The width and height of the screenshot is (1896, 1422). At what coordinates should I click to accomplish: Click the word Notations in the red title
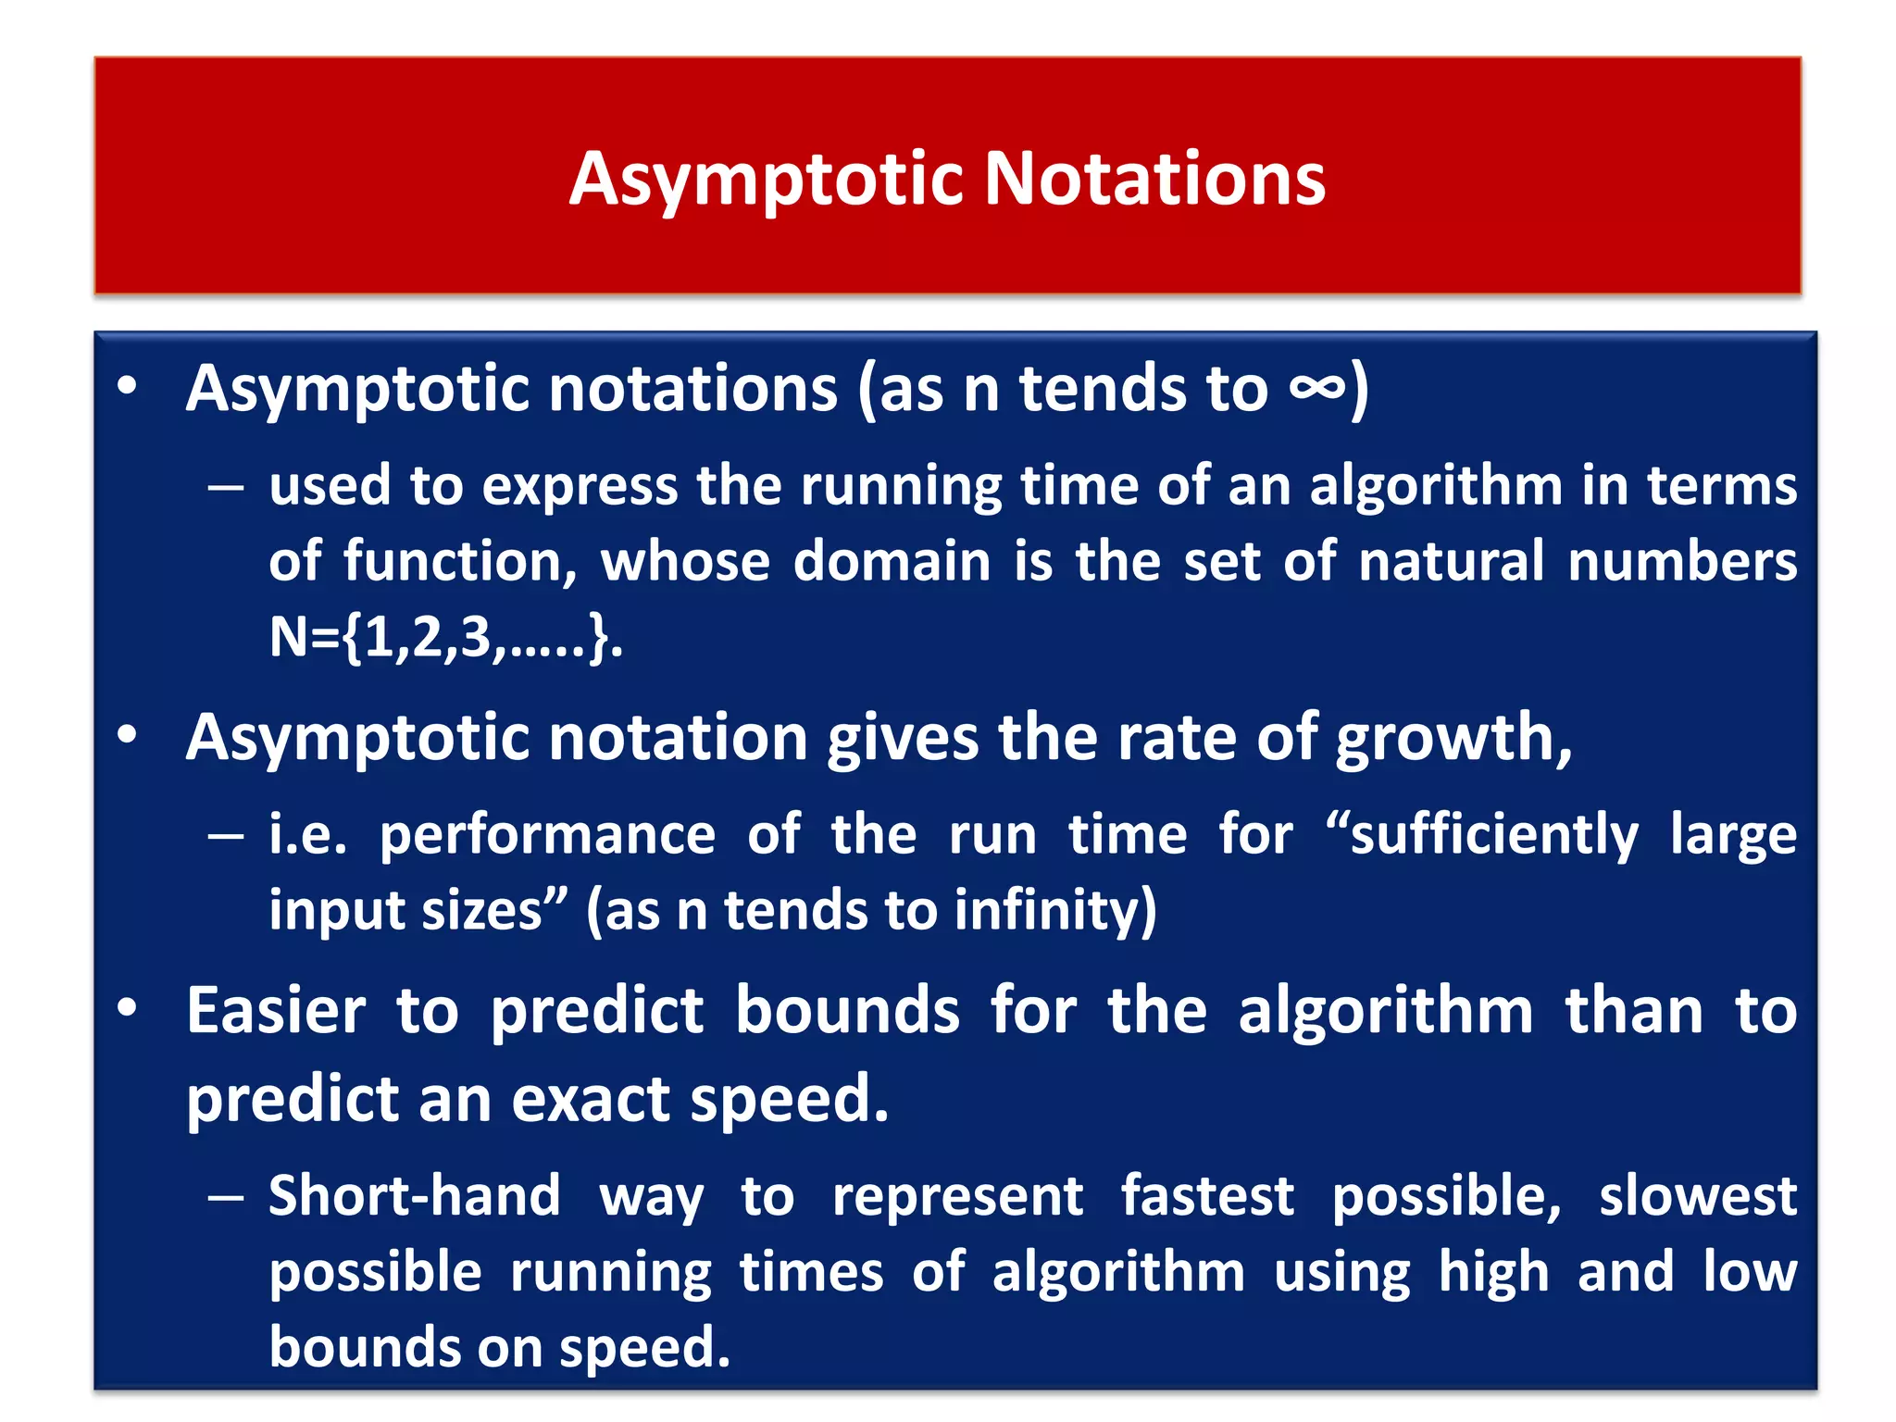(1154, 178)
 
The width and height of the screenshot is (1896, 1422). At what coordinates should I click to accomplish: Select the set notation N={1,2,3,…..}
(445, 637)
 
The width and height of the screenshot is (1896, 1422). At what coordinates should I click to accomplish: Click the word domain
(892, 562)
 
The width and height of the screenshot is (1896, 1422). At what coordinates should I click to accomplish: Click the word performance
(547, 836)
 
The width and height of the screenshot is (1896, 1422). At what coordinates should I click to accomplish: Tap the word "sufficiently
(1481, 836)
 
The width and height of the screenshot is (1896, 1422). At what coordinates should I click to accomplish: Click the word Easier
(276, 1010)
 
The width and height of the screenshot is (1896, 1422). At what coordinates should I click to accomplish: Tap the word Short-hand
(414, 1196)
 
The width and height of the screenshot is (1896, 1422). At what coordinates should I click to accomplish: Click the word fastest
(1207, 1196)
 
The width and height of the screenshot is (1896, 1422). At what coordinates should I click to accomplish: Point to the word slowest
(1698, 1196)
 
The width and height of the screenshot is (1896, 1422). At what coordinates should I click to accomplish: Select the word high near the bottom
(1493, 1272)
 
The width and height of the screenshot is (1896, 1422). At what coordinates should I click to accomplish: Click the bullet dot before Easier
(128, 1008)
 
